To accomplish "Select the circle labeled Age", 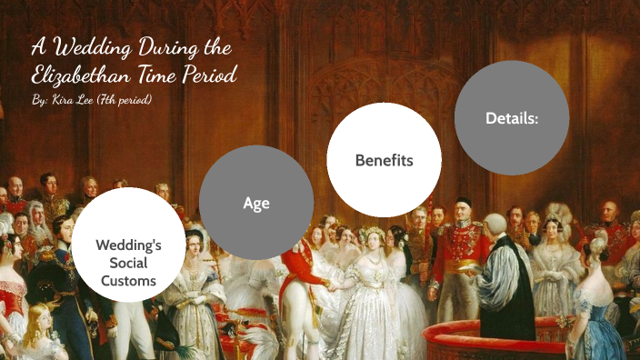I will tap(256, 203).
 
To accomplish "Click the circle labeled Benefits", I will tap(384, 160).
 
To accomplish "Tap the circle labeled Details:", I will tap(512, 118).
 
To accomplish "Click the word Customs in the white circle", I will tap(128, 281).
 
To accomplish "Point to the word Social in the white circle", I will tap(128, 263).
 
